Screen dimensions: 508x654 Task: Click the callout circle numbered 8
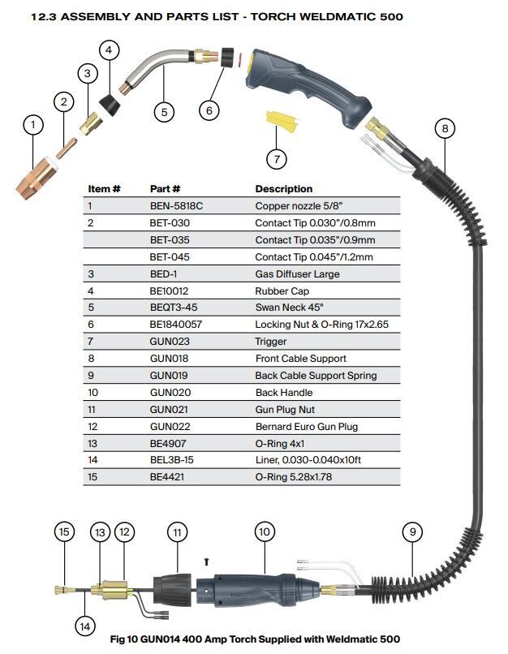coord(445,128)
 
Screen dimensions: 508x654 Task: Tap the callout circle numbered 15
coord(64,531)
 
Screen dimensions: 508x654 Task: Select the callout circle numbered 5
coord(164,112)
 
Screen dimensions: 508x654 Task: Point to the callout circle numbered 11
coord(177,532)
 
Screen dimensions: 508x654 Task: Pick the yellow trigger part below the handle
coord(282,121)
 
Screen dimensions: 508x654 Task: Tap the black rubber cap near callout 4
coord(110,105)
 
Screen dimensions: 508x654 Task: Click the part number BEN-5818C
coord(176,206)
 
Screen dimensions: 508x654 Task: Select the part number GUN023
coord(170,341)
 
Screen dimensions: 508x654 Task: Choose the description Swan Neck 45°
coord(290,308)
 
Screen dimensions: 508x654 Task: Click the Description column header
coord(283,189)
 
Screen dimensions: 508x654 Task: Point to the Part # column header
coord(165,189)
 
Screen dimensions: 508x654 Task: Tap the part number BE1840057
coord(175,324)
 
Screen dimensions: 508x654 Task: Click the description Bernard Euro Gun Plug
coord(307,426)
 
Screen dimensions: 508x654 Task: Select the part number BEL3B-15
coord(171,459)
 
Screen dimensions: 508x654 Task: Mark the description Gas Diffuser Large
coord(297,274)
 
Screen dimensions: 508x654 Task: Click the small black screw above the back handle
coord(206,562)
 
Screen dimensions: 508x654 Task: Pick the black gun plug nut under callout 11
coord(172,590)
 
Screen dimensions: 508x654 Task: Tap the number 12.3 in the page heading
coord(44,17)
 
